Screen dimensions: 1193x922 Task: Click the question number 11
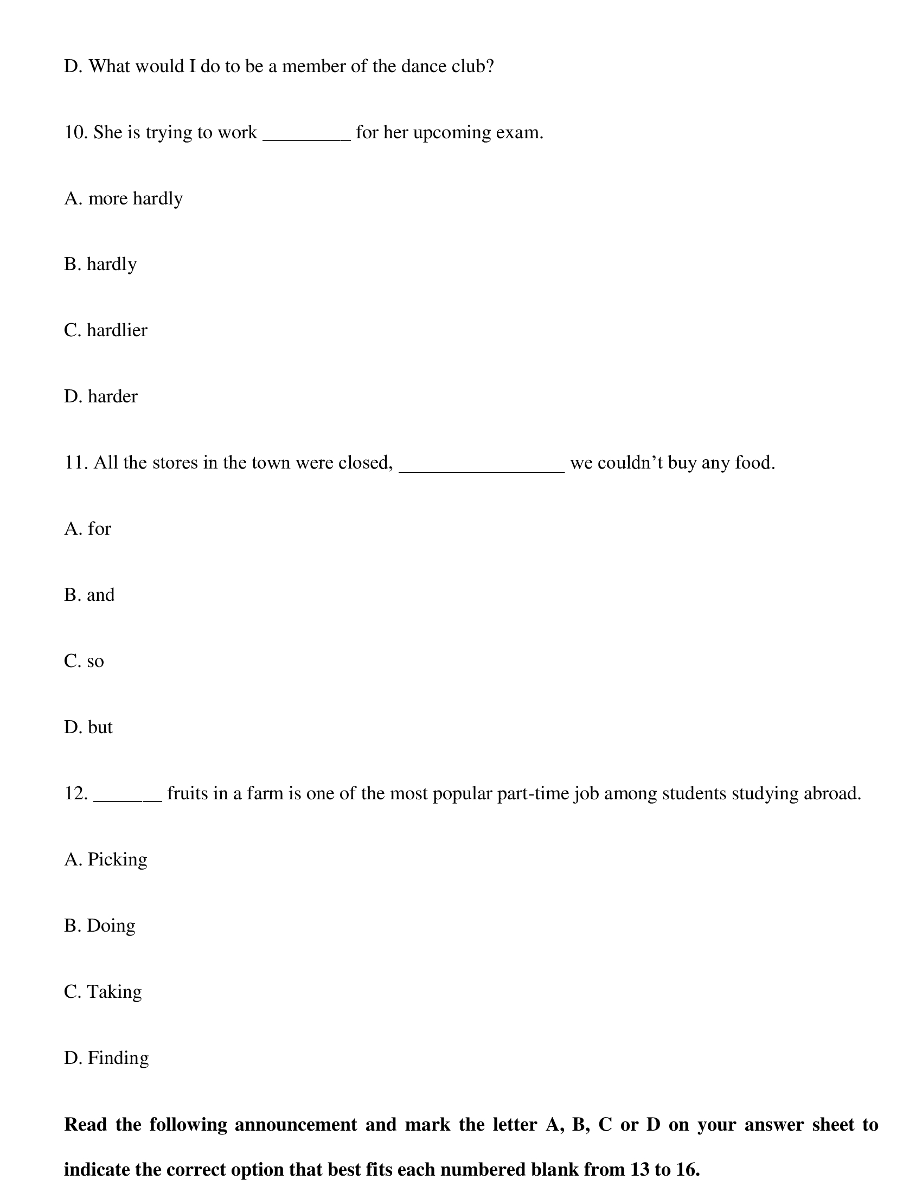[x=75, y=463]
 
